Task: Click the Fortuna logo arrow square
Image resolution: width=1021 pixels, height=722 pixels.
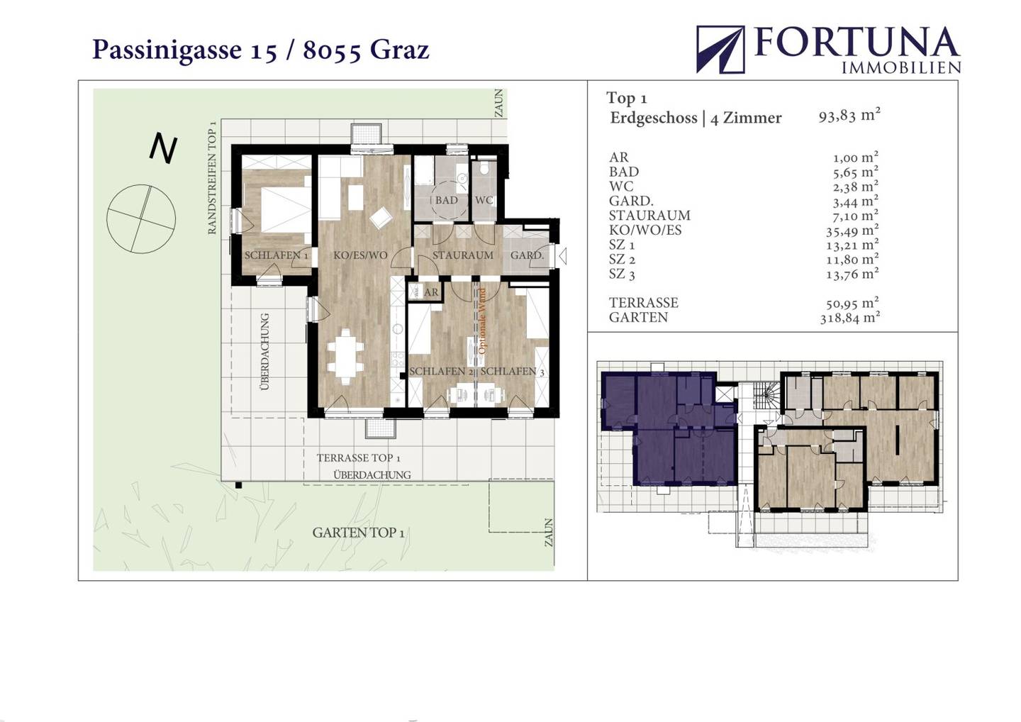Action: pos(720,49)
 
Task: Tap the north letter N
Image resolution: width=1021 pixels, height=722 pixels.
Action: pos(164,148)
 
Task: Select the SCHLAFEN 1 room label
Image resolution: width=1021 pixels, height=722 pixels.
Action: pos(277,255)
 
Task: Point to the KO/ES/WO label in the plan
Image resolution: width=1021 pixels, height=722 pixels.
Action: pos(360,255)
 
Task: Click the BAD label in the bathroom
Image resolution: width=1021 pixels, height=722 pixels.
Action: pos(446,200)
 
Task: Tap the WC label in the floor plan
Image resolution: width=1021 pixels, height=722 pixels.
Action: pos(484,200)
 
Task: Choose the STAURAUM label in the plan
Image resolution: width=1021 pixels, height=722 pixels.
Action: pos(462,255)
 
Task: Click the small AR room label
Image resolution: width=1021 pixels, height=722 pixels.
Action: pos(431,292)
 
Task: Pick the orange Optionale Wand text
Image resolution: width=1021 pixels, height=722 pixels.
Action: pos(482,321)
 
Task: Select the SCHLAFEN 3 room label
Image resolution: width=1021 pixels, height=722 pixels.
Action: pos(513,372)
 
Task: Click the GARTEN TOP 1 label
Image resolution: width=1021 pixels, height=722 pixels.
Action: pos(358,533)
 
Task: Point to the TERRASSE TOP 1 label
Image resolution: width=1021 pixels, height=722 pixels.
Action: pos(359,457)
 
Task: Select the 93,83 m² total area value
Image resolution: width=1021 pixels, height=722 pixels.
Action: pos(849,116)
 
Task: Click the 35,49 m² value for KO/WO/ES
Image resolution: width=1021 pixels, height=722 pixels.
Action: pos(852,231)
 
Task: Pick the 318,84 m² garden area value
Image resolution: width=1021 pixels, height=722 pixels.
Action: pos(849,318)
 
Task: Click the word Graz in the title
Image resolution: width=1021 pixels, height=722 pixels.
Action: pos(399,50)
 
